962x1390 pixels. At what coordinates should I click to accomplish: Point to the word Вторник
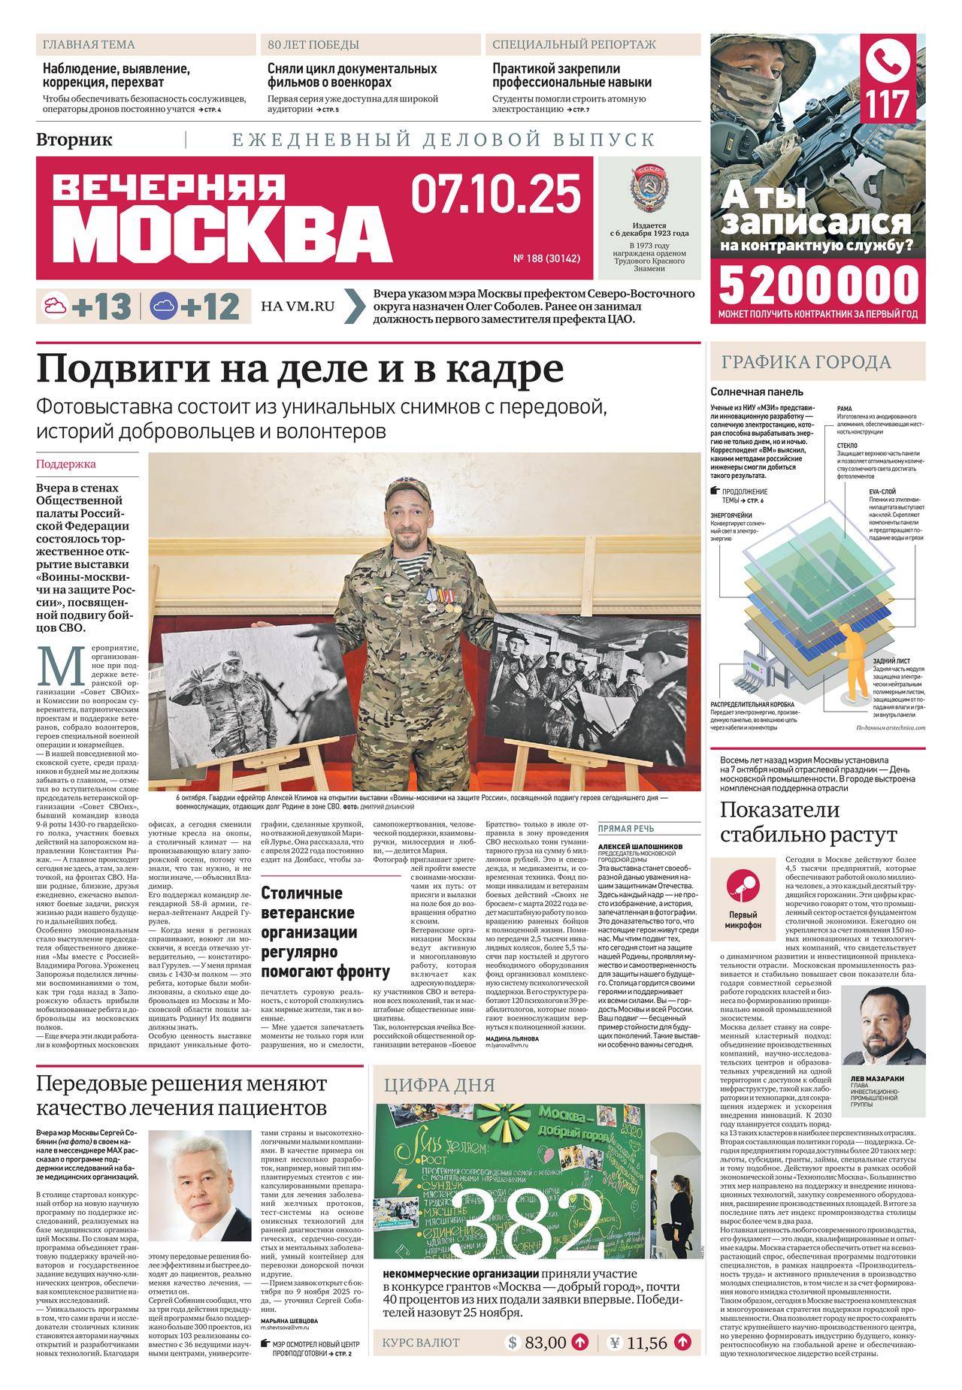(74, 139)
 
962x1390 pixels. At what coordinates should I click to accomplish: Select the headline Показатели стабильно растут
(809, 821)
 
